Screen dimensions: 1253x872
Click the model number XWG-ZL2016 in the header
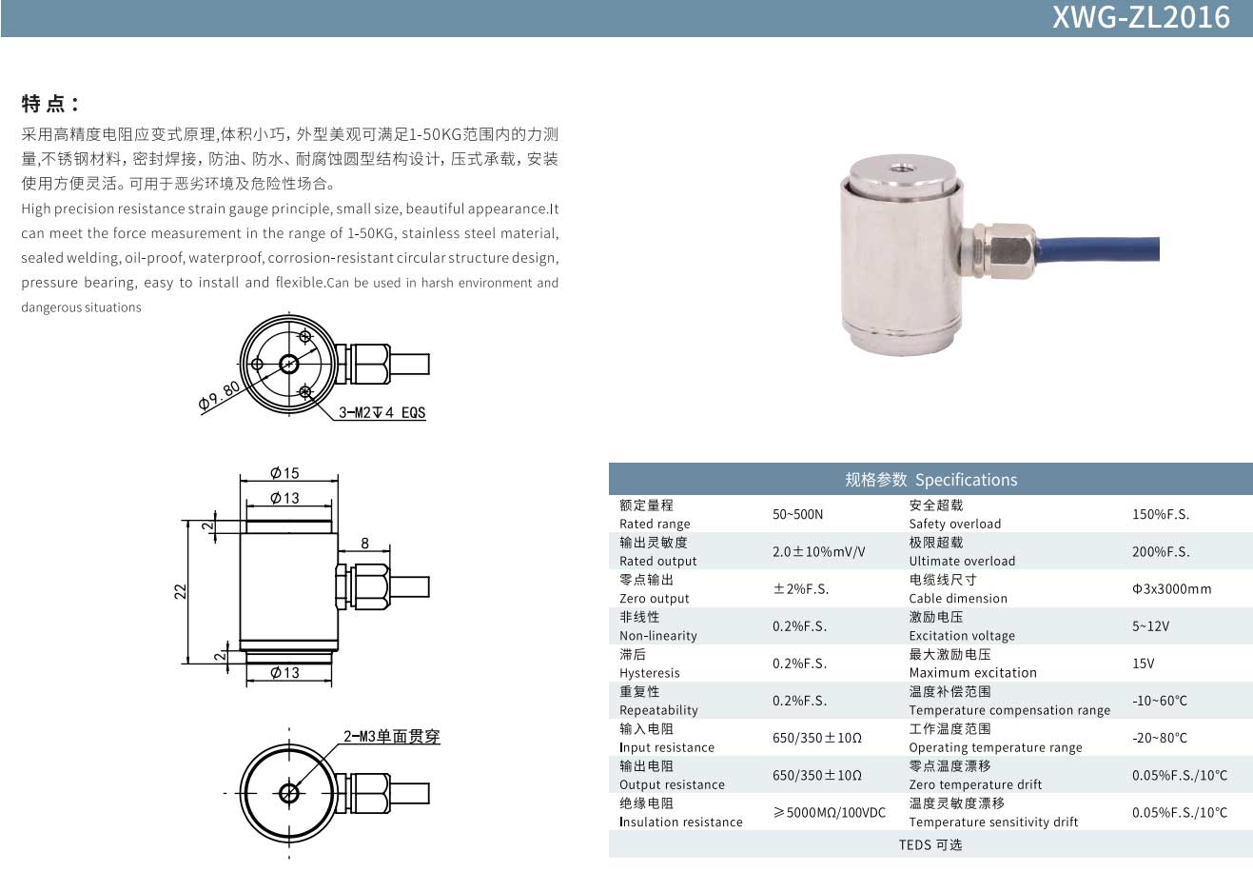pos(1141,17)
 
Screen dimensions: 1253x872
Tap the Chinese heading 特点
pos(43,104)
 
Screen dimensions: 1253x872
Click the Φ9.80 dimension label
pos(220,396)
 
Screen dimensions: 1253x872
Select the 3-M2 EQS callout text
pos(382,412)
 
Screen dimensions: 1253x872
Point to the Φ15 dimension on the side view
pos(284,473)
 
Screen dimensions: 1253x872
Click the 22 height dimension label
pos(180,591)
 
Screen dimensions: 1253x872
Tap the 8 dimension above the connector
pos(364,544)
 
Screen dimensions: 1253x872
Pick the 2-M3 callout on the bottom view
pos(392,737)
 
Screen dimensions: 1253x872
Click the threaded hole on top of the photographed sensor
pos(901,168)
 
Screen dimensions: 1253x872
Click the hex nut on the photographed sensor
pos(1009,250)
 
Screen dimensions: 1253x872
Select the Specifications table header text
pos(930,480)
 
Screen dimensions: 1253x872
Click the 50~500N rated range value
pos(797,514)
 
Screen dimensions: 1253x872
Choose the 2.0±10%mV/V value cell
pos(819,552)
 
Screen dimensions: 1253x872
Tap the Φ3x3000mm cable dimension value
pos(1172,589)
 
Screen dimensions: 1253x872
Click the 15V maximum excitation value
pos(1144,664)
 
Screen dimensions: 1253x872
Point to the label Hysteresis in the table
pos(650,673)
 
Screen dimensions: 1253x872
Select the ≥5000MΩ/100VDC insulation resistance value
pos(830,813)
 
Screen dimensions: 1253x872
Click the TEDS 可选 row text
pos(930,844)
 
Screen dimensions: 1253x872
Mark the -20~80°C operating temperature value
pos(1160,738)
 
